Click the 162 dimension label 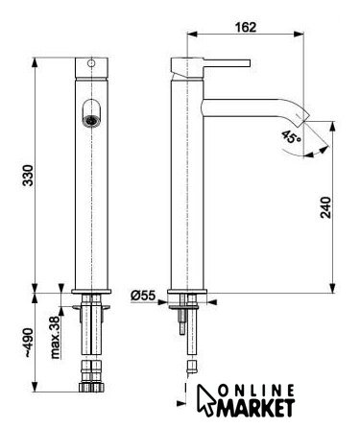(246, 27)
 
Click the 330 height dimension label (28, 176)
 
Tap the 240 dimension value (325, 207)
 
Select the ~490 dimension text (28, 343)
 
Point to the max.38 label (55, 338)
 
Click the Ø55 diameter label (143, 296)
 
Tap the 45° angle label (291, 137)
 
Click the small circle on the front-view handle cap (91, 63)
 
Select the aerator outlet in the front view (91, 120)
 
